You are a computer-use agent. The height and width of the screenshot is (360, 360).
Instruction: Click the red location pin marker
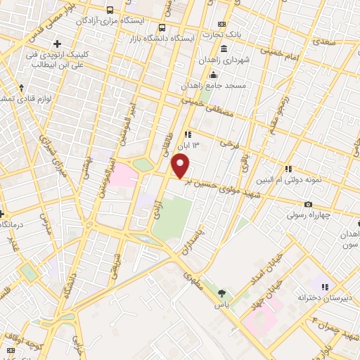click(181, 166)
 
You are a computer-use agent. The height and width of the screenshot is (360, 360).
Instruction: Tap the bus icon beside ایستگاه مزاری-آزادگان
click(110, 10)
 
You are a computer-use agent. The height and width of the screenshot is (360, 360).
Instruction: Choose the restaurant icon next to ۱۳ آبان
click(187, 134)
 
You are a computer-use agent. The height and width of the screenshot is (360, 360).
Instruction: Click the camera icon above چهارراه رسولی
click(309, 205)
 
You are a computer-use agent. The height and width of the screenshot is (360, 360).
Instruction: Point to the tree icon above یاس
click(222, 293)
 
